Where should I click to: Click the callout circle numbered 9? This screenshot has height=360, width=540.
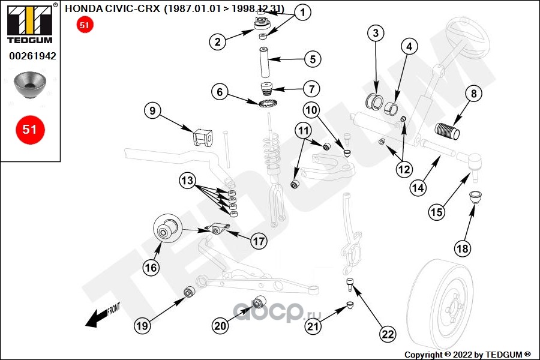click(x=153, y=110)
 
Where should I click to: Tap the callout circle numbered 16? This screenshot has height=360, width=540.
click(x=151, y=268)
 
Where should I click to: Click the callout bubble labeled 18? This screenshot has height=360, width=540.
click(x=462, y=248)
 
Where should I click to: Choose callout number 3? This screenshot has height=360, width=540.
click(x=375, y=33)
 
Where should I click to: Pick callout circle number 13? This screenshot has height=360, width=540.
click(x=187, y=180)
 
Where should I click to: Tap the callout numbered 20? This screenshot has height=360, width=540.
click(x=220, y=326)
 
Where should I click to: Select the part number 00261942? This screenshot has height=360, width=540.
click(x=32, y=56)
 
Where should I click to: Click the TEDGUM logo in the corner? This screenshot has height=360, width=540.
click(x=29, y=23)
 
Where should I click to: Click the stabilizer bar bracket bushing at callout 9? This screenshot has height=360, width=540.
click(x=202, y=138)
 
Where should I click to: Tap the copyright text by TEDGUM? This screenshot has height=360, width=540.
click(x=468, y=355)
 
